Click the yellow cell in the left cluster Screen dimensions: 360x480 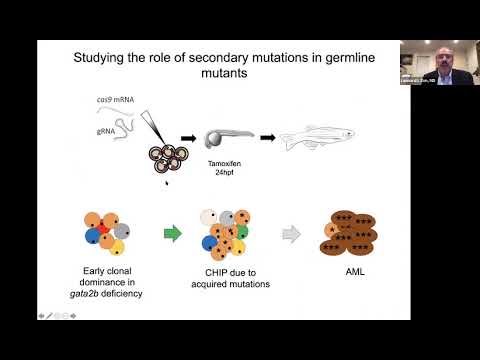coord(120,247)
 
